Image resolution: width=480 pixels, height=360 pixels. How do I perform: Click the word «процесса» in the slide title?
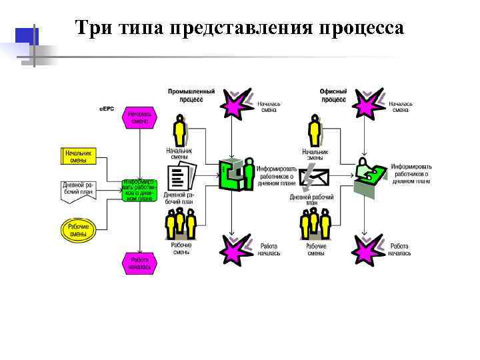click(x=361, y=29)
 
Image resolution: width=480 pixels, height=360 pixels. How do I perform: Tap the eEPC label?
click(x=107, y=109)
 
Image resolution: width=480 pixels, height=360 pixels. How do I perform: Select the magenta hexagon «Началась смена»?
click(x=139, y=117)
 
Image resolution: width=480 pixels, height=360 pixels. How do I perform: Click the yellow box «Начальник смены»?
click(x=79, y=157)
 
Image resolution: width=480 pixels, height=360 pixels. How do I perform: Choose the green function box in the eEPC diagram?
click(x=139, y=189)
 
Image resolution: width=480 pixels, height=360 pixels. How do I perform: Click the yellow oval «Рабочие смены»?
click(x=79, y=230)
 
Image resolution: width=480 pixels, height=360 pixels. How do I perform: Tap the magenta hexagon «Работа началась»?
click(x=139, y=263)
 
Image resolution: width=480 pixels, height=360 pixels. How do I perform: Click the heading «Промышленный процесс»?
click(x=191, y=95)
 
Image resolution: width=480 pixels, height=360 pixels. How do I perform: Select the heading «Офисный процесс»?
click(x=334, y=95)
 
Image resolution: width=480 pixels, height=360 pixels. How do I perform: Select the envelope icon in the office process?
click(x=314, y=177)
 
